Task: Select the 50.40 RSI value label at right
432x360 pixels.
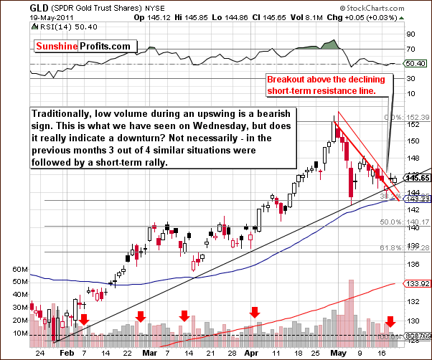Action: [415, 64]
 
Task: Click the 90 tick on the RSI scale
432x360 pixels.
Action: [410, 33]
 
